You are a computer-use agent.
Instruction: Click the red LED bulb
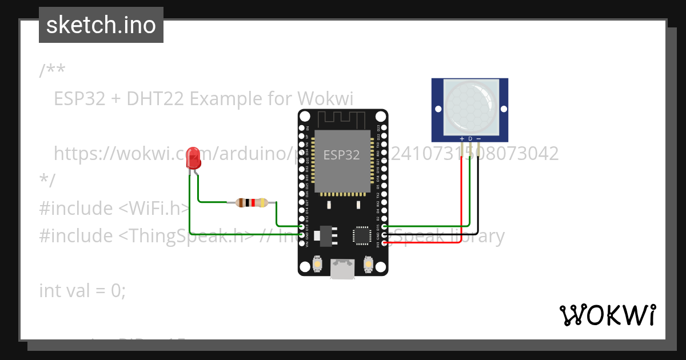click(194, 158)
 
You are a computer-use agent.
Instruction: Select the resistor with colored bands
click(252, 202)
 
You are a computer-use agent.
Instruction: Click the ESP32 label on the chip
click(341, 155)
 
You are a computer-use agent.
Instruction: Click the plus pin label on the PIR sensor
click(462, 139)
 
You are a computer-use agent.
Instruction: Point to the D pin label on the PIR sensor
click(470, 139)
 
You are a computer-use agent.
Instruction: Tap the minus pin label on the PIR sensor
click(478, 139)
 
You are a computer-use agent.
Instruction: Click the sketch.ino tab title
click(101, 25)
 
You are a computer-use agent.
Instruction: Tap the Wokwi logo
click(607, 315)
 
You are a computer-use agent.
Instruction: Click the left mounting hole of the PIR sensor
click(438, 109)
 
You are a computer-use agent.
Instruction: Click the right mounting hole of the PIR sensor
click(503, 109)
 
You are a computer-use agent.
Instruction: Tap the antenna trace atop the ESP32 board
click(342, 119)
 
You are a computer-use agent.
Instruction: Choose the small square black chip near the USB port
click(362, 235)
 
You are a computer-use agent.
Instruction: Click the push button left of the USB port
click(317, 265)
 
